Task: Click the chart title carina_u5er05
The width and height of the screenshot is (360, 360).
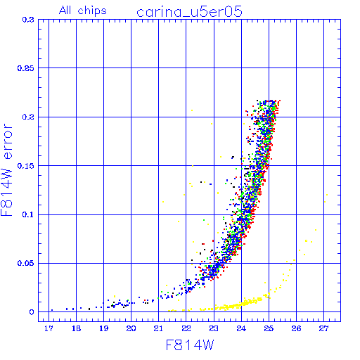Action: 189,12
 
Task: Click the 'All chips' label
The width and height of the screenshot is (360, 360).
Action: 83,11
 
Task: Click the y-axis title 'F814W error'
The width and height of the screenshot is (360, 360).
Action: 6,170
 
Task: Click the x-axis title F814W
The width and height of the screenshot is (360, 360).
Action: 190,345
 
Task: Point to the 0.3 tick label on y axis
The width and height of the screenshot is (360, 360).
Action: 28,20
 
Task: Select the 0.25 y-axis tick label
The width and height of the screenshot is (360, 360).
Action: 25,68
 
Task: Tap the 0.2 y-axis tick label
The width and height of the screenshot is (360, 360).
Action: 28,117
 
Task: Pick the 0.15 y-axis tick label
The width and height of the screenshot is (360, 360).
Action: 25,166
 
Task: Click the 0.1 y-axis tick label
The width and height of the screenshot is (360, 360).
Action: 28,214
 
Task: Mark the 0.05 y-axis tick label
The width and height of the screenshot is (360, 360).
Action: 25,263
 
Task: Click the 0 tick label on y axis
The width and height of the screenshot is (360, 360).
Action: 32,312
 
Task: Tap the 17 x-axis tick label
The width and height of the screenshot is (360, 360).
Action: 49,328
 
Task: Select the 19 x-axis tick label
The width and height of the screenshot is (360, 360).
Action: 104,328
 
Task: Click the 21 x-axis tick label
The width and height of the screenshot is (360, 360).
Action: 159,328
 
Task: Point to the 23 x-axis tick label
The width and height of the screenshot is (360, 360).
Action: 214,328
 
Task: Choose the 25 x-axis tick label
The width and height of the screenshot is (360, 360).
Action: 269,328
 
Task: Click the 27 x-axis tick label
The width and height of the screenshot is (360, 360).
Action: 323,328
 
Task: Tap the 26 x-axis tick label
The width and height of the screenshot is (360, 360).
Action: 296,328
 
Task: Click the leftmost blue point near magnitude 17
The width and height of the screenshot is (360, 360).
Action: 52,310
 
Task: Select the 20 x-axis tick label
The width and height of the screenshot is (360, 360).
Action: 131,328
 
